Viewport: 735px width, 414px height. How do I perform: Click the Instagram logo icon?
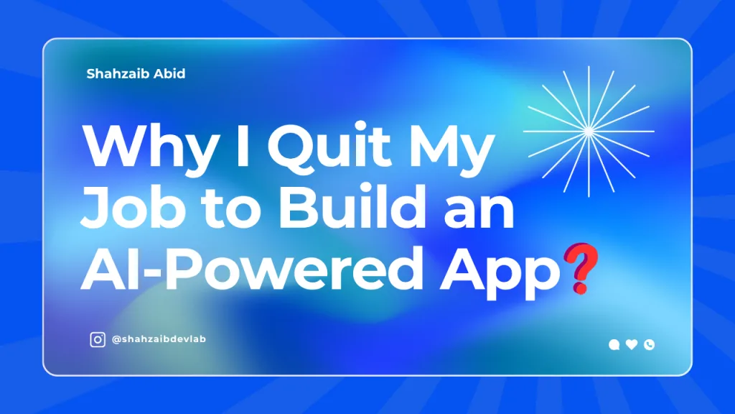[98, 339]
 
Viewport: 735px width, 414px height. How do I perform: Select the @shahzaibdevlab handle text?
[159, 339]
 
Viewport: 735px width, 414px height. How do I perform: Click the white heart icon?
[632, 344]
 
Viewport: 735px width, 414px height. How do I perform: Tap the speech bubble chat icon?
[614, 345]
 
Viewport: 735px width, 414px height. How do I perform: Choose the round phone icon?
[649, 345]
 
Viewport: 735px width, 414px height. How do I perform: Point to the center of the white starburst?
[589, 132]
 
